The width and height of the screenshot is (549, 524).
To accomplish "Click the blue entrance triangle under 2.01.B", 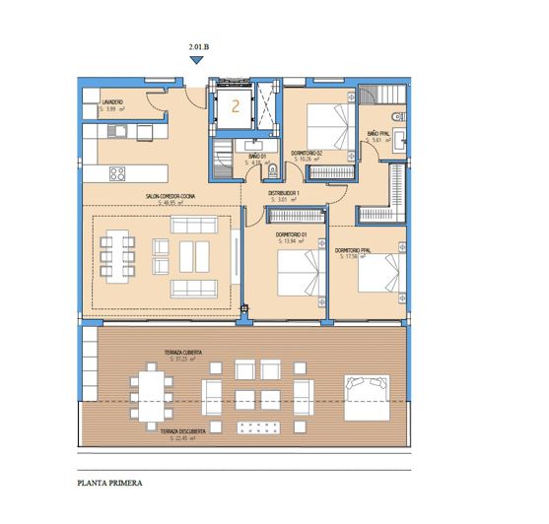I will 197,60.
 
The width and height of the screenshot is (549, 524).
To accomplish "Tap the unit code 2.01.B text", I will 197,46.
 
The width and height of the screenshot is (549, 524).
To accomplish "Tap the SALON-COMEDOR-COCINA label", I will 172,197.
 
